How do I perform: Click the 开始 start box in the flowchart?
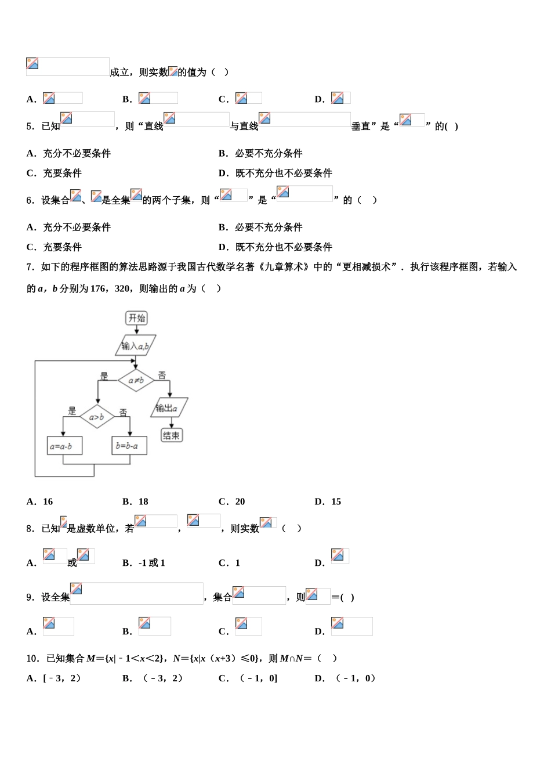click(x=137, y=318)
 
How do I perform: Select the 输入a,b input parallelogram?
click(x=135, y=346)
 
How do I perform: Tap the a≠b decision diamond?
click(x=136, y=381)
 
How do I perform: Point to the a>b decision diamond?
click(x=97, y=417)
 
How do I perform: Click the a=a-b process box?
click(x=64, y=446)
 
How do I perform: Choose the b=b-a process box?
click(x=129, y=446)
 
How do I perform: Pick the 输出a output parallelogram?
click(x=169, y=408)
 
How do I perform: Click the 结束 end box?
click(x=171, y=435)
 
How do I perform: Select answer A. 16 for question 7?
click(x=40, y=501)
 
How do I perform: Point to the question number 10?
click(x=32, y=658)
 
